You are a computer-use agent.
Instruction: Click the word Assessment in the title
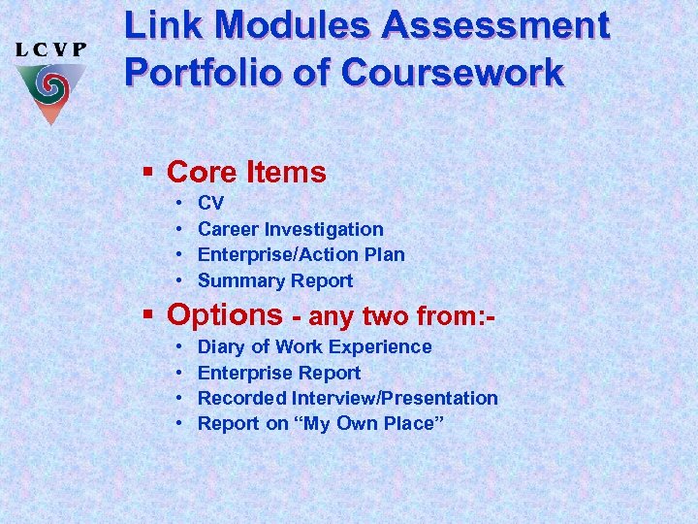(x=496, y=27)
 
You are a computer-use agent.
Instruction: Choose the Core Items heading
(x=246, y=173)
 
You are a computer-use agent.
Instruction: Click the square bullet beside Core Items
(x=148, y=173)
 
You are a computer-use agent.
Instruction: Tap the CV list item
(x=210, y=204)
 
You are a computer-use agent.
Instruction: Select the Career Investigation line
(x=290, y=230)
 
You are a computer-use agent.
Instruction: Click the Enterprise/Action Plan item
(x=301, y=255)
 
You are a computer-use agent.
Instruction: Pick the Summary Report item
(x=275, y=281)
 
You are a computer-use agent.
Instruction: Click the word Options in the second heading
(x=224, y=315)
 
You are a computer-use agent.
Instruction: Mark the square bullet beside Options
(x=148, y=315)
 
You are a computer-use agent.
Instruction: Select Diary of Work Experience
(x=314, y=346)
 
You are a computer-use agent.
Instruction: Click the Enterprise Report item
(x=278, y=373)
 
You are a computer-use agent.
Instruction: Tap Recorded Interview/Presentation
(x=347, y=398)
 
